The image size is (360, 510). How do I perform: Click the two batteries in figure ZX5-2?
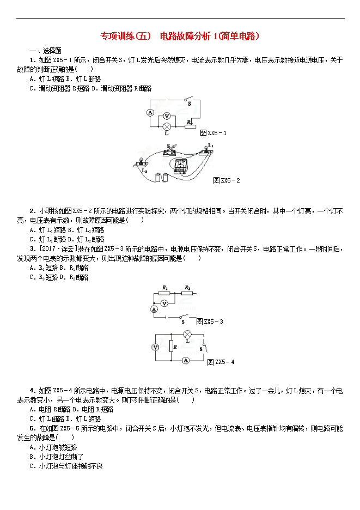[162, 177]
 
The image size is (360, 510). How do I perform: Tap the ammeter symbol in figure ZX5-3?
[155, 309]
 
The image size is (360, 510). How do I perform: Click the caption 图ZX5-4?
[221, 362]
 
